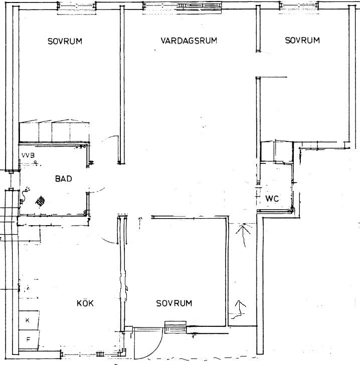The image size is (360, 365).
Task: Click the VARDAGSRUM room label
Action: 189,41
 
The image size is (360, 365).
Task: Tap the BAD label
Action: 64,179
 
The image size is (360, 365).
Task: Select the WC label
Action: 272,199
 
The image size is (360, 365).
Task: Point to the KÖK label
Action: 85,303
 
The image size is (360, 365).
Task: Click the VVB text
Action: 28,155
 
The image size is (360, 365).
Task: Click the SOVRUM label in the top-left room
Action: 65,41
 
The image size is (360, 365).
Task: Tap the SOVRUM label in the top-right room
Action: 302,40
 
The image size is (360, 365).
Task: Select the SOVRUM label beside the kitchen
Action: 174,303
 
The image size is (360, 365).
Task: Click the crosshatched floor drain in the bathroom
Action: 40,201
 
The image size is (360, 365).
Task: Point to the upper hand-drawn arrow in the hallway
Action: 243,235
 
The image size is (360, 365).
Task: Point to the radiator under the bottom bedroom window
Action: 175,327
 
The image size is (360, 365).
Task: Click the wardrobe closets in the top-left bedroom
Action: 54,131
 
